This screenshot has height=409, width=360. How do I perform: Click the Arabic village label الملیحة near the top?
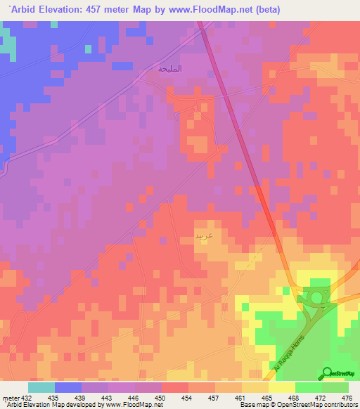point(171,68)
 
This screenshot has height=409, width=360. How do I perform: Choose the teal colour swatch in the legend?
point(41,387)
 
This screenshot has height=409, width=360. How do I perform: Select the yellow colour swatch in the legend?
point(281,387)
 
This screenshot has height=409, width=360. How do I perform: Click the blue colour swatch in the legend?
point(68,387)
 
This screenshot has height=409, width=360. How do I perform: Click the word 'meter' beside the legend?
point(9,397)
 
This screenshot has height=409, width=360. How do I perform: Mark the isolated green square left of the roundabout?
point(285,290)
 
